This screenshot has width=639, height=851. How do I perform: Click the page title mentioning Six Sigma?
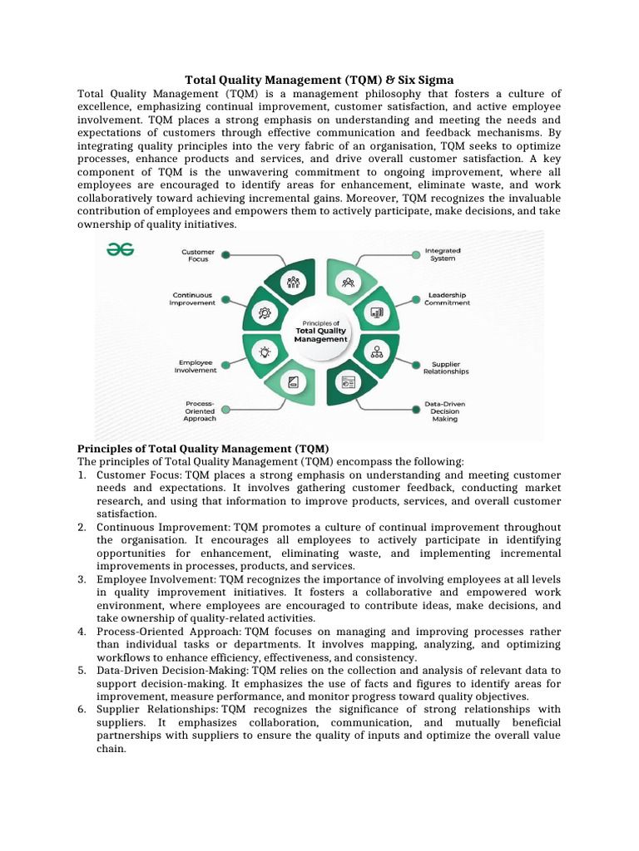(x=319, y=80)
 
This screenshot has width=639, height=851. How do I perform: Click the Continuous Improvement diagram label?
(x=192, y=298)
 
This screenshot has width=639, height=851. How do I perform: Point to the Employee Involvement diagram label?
(x=195, y=366)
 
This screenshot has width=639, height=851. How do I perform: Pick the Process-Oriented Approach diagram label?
(x=199, y=411)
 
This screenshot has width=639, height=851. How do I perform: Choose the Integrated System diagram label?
(x=443, y=254)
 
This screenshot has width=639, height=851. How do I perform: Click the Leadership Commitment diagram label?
(x=447, y=298)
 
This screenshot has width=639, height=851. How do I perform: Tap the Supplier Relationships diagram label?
(x=450, y=367)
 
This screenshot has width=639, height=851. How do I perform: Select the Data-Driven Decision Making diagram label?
(x=445, y=411)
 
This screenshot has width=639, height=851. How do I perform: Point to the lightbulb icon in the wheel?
(x=265, y=352)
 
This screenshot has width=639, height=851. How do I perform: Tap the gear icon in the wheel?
(x=265, y=312)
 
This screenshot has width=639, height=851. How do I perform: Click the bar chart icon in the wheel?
(x=377, y=313)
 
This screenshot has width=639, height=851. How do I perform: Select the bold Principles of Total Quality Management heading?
(x=204, y=449)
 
